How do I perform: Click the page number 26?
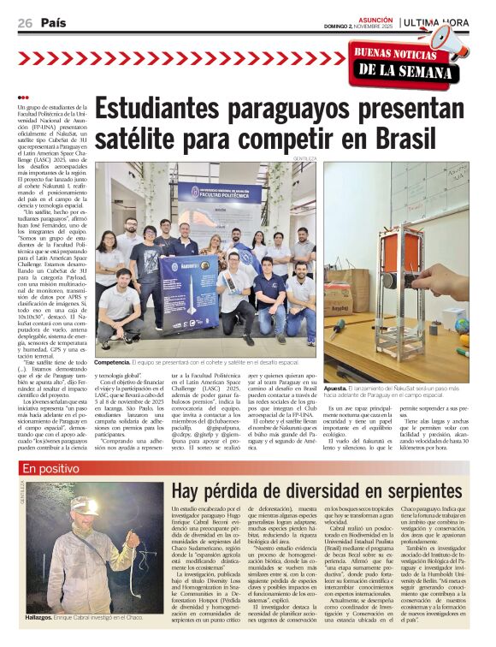pos(24,22)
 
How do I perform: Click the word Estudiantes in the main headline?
pos(174,109)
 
